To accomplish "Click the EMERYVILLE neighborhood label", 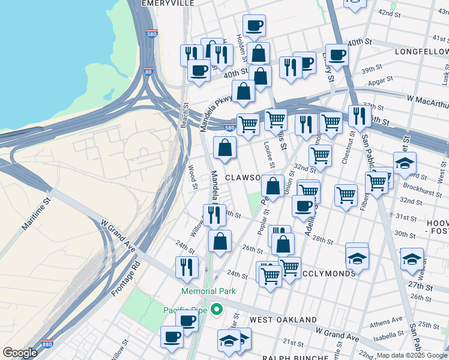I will [167, 3].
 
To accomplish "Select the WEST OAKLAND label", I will [283, 320].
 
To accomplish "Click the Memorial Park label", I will [208, 291].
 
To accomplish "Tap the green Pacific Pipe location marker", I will [217, 310].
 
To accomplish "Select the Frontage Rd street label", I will [125, 278].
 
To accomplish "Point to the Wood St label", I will [193, 178].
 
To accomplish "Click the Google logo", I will [20, 353].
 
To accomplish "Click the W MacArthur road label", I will [427, 97].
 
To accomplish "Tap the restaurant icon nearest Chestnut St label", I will [360, 115].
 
